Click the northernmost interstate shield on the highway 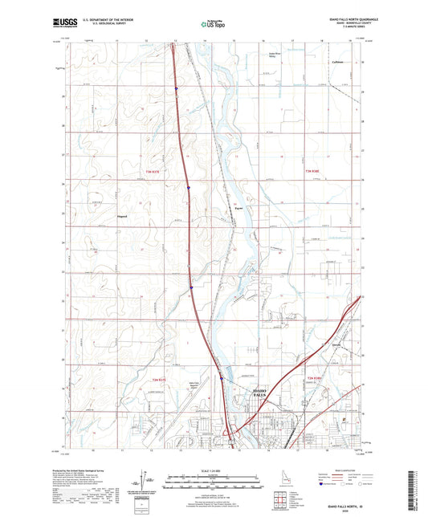pyautogui.click(x=175, y=88)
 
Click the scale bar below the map pyautogui.click(x=213, y=484)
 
